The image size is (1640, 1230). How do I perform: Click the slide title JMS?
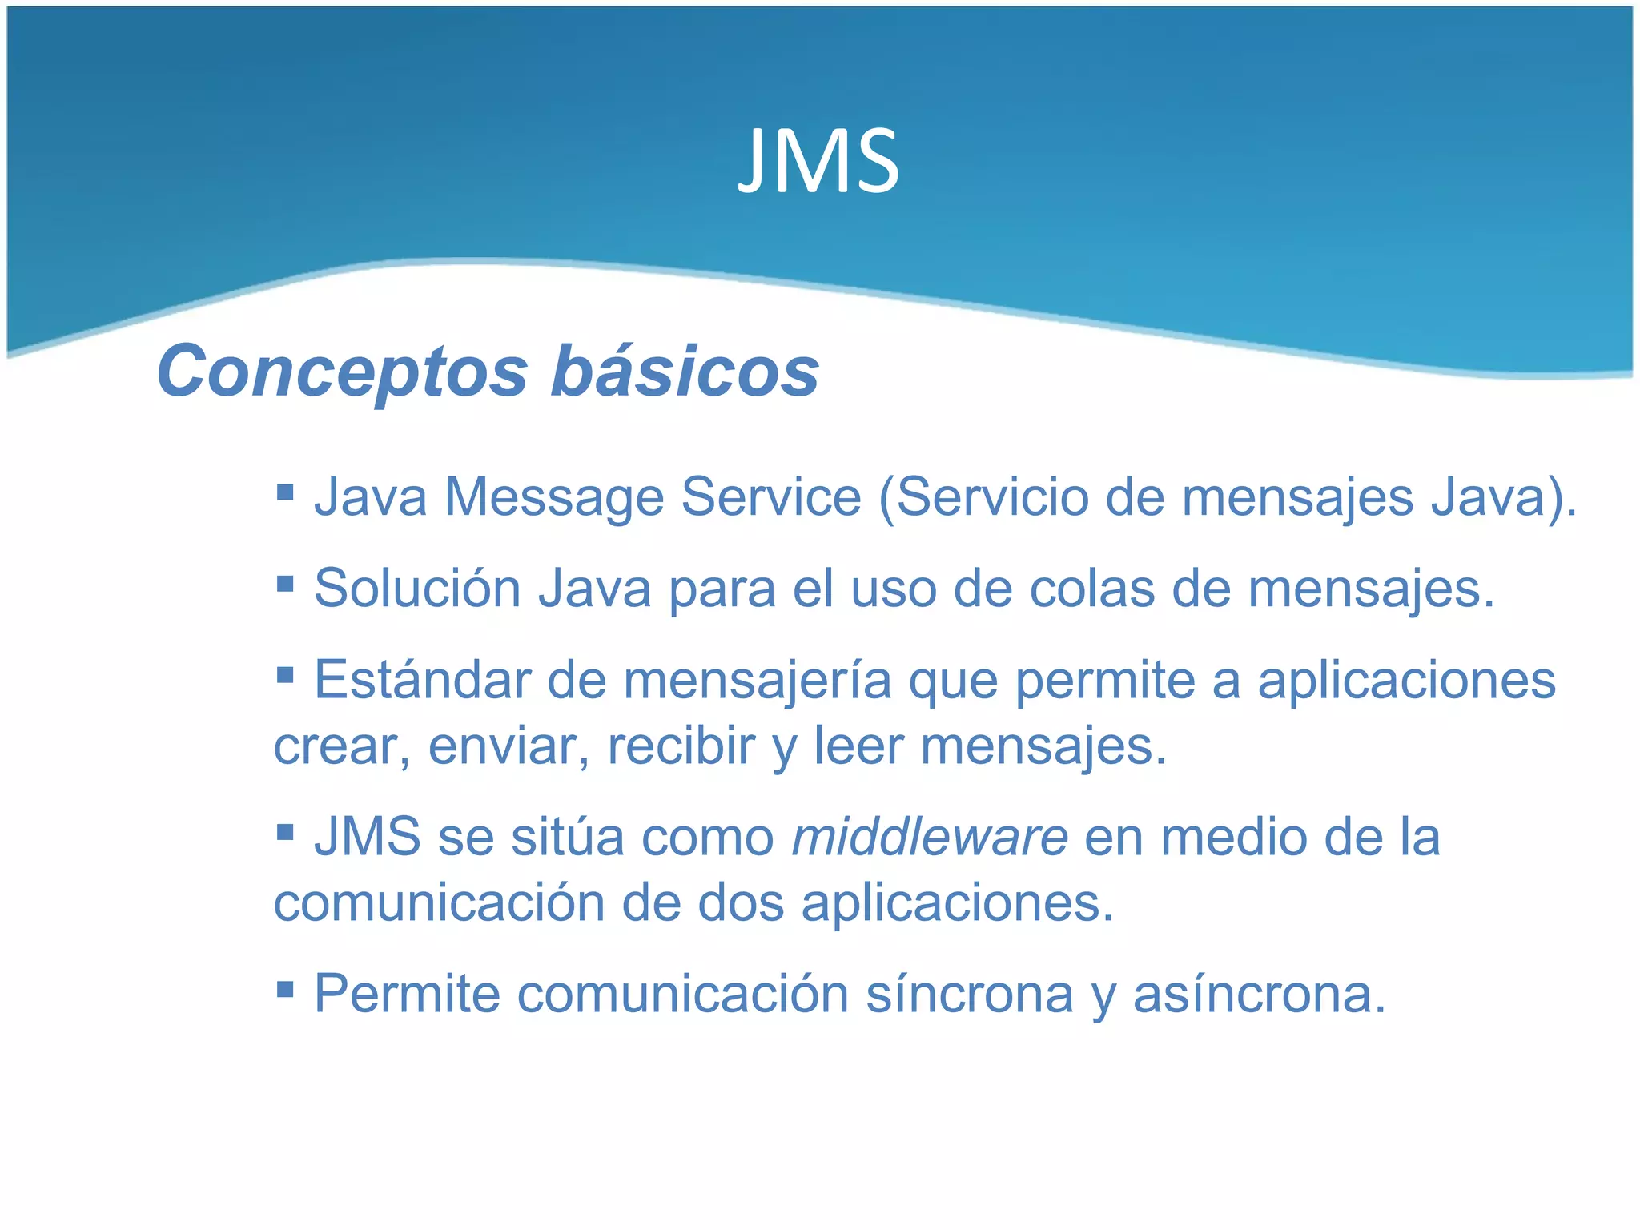click(818, 163)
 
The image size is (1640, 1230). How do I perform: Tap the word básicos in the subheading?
click(685, 371)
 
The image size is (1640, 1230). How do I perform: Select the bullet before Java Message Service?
click(285, 490)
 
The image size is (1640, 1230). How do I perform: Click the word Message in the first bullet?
click(554, 497)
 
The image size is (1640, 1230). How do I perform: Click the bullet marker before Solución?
click(285, 582)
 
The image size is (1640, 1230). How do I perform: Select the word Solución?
click(417, 589)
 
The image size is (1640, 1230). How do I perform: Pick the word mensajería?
click(758, 681)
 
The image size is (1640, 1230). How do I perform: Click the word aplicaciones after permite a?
click(1406, 681)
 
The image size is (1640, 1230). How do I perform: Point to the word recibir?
click(681, 746)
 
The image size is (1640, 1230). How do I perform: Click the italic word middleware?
click(930, 838)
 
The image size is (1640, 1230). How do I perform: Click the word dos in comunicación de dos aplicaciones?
click(741, 903)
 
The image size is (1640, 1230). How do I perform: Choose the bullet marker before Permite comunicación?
click(285, 988)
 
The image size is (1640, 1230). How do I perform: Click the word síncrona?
click(970, 994)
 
